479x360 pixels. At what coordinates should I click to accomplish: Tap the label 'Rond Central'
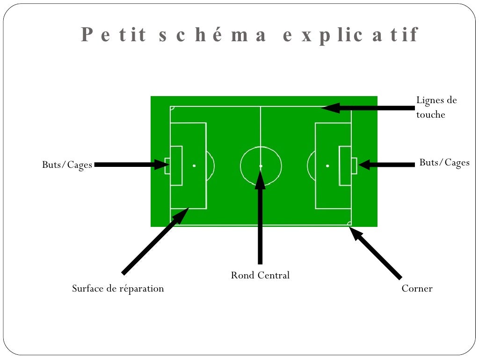coord(260,275)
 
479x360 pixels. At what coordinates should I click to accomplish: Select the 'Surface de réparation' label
coord(118,288)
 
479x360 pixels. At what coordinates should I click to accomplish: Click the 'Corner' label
coord(417,288)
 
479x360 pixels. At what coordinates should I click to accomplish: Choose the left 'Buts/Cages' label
coord(67,165)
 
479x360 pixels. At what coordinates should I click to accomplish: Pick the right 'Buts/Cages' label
coord(444,163)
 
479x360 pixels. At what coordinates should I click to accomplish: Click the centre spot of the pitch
coord(261,166)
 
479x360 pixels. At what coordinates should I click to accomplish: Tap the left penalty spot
coord(194,166)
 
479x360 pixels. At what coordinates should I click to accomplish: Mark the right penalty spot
coord(327,166)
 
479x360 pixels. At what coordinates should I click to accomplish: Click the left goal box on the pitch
coord(167,166)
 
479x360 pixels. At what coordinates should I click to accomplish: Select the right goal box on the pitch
coord(354,166)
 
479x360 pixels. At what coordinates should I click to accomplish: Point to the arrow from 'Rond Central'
coord(260,220)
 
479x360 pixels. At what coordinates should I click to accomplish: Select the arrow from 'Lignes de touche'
coord(370,108)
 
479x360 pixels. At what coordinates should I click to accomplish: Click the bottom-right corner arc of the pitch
coord(349,223)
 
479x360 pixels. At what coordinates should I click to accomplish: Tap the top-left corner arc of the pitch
coord(172,108)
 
